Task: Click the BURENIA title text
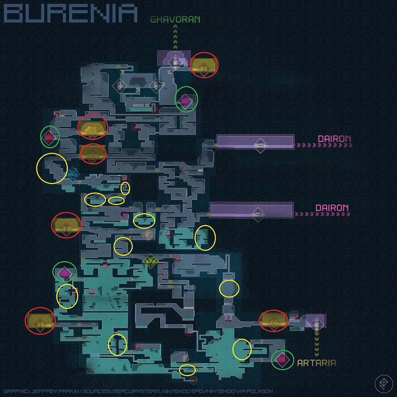pos(71,13)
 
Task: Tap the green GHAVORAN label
pos(175,20)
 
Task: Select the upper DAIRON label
pos(334,139)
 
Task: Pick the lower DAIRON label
pos(332,208)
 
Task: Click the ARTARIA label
pos(316,363)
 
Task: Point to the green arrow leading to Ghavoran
pos(175,37)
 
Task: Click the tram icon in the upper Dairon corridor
pos(260,146)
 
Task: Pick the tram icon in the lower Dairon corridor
pos(258,215)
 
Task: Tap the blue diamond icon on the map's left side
pos(73,174)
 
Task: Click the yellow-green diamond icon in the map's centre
pos(151,261)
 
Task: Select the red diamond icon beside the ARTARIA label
pos(282,360)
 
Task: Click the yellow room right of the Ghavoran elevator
pos(204,65)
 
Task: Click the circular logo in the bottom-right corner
pos(384,384)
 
